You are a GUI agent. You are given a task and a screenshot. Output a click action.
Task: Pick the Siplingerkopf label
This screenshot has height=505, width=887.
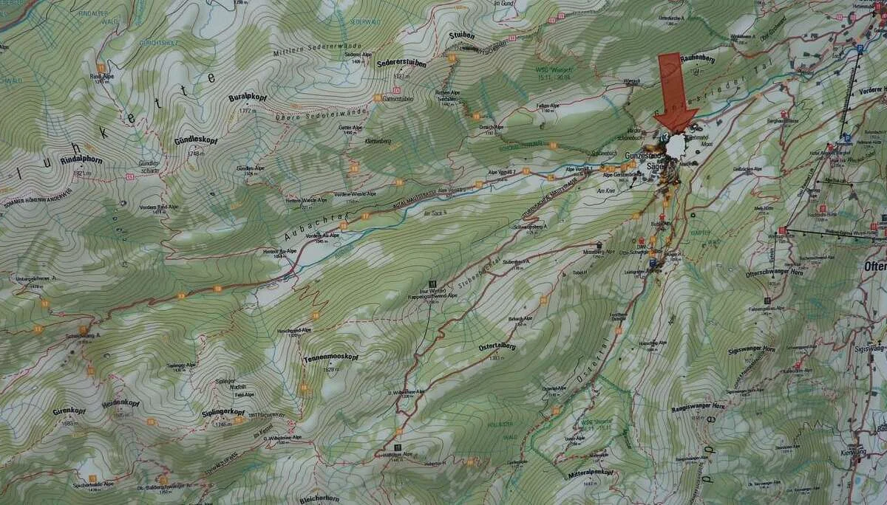click(x=222, y=412)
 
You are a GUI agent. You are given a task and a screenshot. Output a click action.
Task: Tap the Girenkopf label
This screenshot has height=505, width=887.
click(x=69, y=410)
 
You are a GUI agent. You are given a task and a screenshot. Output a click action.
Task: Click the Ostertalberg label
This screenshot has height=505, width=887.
click(x=497, y=346)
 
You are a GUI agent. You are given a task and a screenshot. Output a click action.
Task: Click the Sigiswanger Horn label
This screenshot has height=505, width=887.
click(x=751, y=348)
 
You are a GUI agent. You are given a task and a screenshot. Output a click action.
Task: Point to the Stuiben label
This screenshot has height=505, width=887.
click(x=462, y=35)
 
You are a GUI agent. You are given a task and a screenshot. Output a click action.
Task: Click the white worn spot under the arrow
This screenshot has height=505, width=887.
click(x=676, y=146)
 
